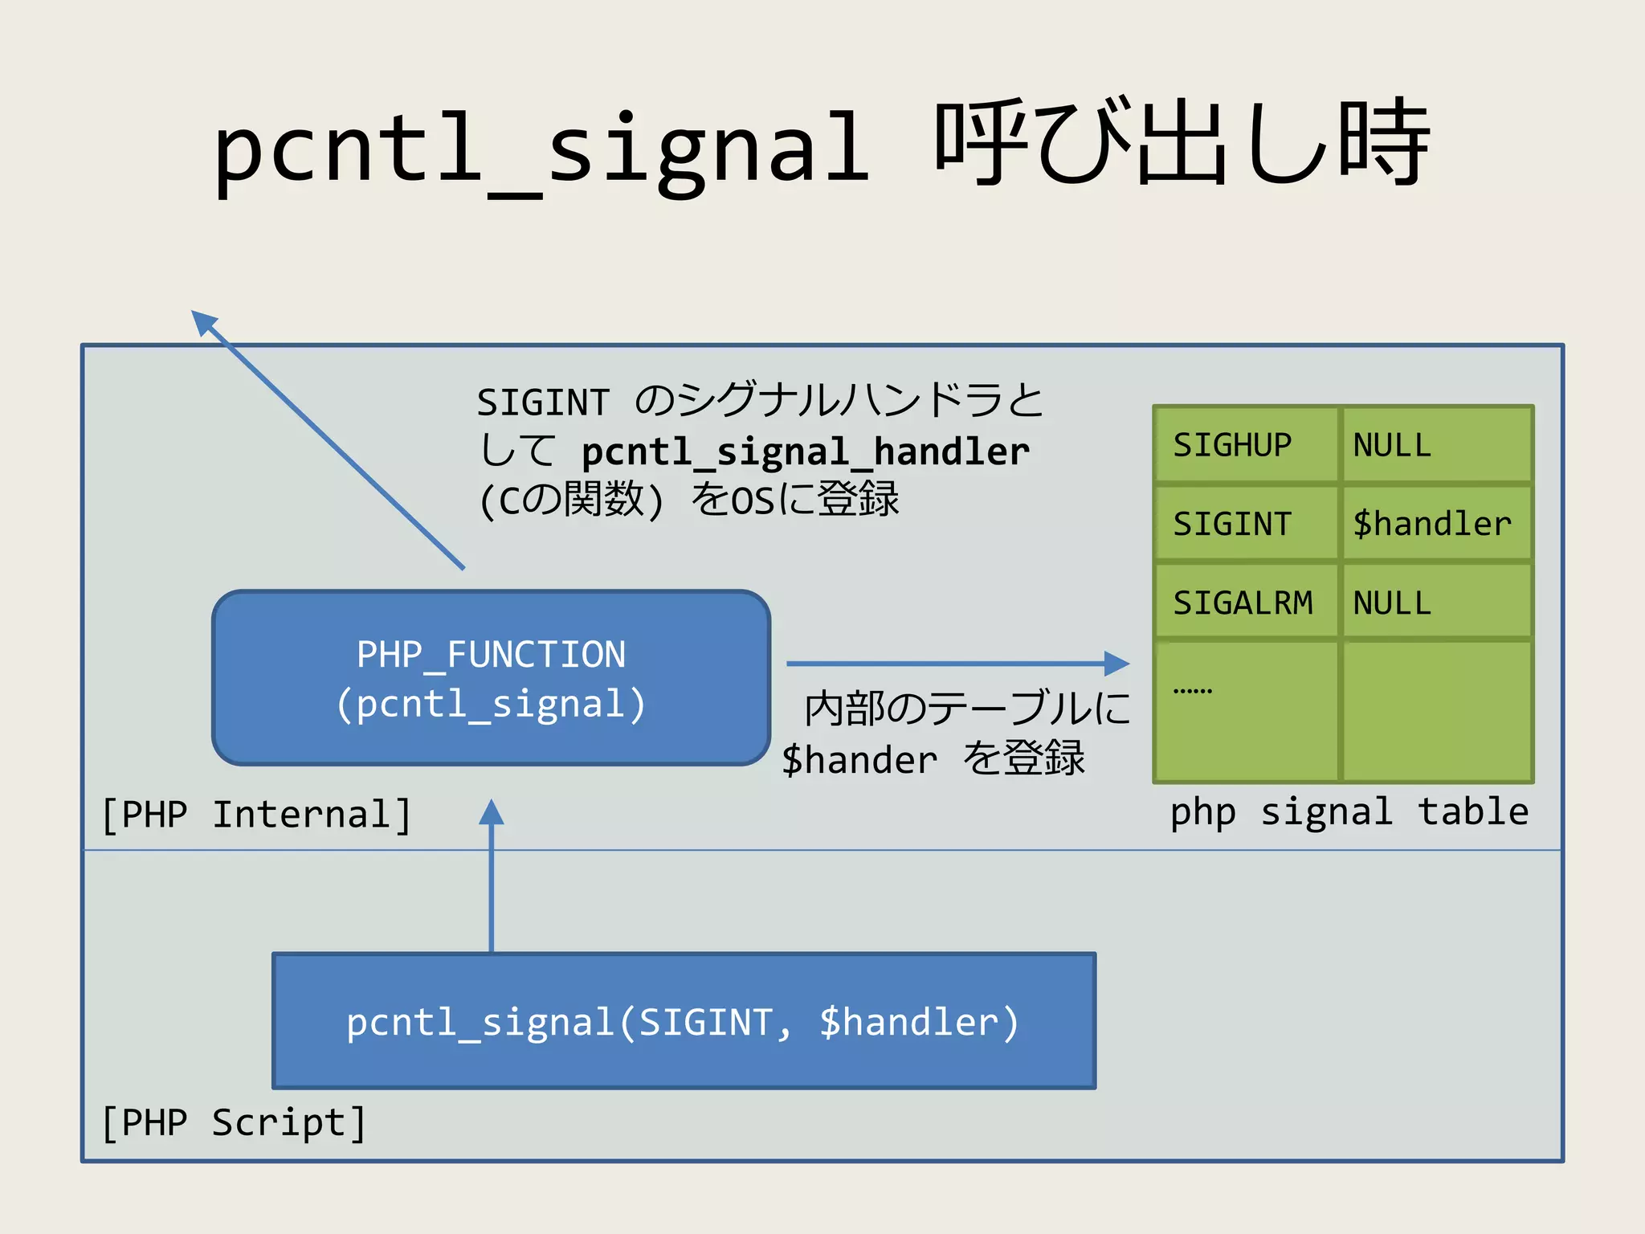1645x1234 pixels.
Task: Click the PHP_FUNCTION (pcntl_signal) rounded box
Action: [491, 678]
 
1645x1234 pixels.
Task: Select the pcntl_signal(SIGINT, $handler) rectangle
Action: [684, 1021]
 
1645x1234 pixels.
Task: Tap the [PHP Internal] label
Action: [256, 815]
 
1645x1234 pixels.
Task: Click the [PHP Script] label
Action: [234, 1122]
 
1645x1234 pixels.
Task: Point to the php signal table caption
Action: [1349, 811]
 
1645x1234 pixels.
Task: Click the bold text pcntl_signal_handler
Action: [805, 452]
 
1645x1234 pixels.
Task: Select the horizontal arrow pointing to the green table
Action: [956, 664]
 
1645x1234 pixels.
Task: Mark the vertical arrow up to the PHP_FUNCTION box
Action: [492, 876]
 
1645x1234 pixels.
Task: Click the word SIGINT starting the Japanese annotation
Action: [543, 402]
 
